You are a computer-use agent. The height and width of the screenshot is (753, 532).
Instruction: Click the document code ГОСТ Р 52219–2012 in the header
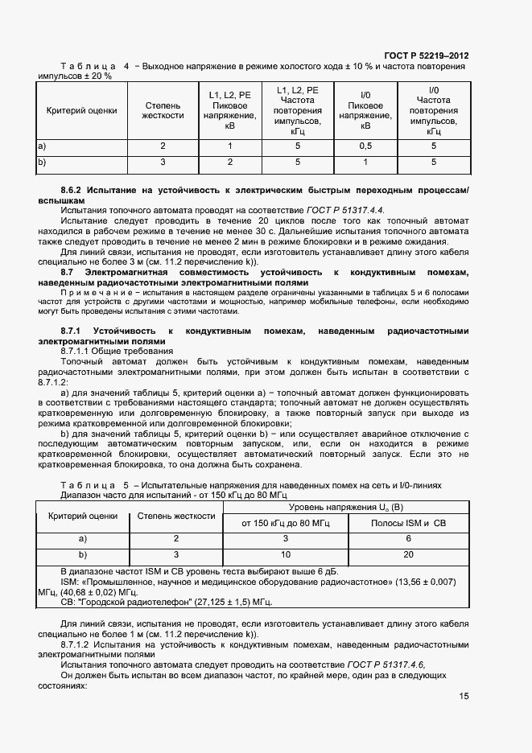point(428,56)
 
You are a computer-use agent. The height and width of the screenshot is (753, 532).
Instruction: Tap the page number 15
point(464,696)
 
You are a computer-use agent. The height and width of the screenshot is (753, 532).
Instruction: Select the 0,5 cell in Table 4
point(365,146)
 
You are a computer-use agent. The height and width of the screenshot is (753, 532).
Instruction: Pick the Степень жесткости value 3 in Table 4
point(163,162)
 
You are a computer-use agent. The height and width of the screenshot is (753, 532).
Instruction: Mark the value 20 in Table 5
point(408,554)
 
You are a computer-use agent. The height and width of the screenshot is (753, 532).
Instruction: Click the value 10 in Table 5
point(285,554)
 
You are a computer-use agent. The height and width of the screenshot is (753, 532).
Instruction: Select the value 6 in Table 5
point(408,538)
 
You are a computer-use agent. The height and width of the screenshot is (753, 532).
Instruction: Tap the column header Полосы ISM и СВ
point(408,523)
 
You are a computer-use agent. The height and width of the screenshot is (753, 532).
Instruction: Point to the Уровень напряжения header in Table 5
point(347,507)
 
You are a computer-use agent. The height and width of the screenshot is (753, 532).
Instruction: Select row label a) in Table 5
point(81,538)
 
